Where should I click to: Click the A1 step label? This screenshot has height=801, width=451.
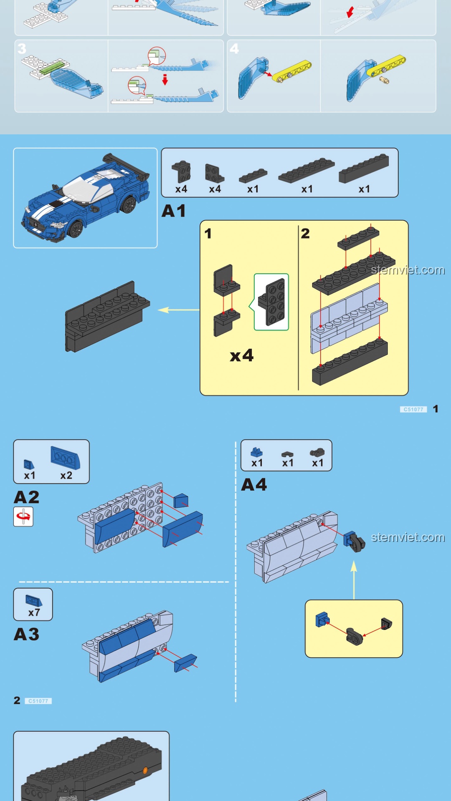[173, 211]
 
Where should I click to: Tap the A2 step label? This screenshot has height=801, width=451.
[26, 497]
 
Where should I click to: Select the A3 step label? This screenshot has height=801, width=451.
[26, 635]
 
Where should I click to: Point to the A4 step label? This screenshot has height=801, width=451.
[253, 485]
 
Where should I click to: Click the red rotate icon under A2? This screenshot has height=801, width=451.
[23, 517]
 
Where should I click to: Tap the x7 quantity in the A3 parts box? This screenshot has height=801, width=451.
[34, 613]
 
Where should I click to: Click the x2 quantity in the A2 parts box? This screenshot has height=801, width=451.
[66, 476]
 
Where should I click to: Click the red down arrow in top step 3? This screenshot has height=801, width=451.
[165, 79]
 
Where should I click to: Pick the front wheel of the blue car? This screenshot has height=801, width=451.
[76, 229]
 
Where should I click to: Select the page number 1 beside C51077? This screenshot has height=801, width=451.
[436, 409]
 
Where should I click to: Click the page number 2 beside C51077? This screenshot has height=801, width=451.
[17, 700]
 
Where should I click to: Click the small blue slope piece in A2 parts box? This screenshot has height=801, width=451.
[29, 464]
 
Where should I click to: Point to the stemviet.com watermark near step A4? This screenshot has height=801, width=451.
[408, 537]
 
